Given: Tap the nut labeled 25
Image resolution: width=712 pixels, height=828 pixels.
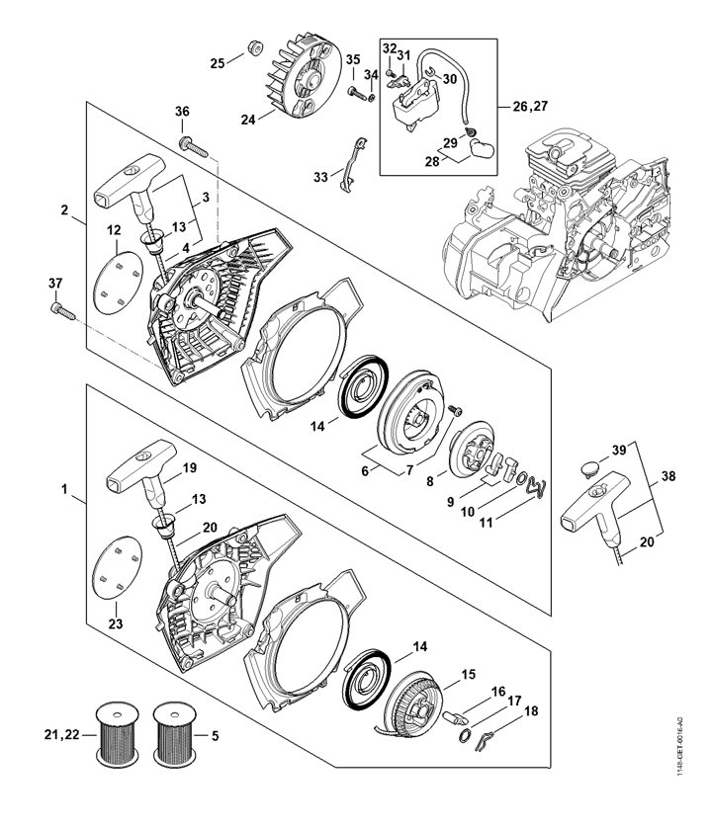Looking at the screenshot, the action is pos(255,48).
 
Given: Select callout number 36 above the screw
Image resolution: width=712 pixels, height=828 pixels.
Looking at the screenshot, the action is pos(182,112).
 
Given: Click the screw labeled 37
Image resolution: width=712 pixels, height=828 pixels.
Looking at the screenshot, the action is pos(62,311).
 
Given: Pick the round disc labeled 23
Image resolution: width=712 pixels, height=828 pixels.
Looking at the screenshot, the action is pos(117,568).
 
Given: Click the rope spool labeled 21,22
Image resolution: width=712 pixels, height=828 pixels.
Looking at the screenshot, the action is pos(118,734).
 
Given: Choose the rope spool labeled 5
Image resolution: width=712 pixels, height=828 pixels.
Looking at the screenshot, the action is pos(174,734).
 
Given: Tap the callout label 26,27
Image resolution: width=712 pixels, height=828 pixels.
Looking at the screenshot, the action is pos(530,106).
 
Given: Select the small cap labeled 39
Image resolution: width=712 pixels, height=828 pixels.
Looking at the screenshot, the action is pos(590,468).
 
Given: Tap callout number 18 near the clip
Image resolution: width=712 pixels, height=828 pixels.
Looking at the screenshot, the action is pos(531,710).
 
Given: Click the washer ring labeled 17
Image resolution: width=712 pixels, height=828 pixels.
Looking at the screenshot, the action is pos(464,735).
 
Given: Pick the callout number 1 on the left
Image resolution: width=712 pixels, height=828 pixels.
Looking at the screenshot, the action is pos(64,489).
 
